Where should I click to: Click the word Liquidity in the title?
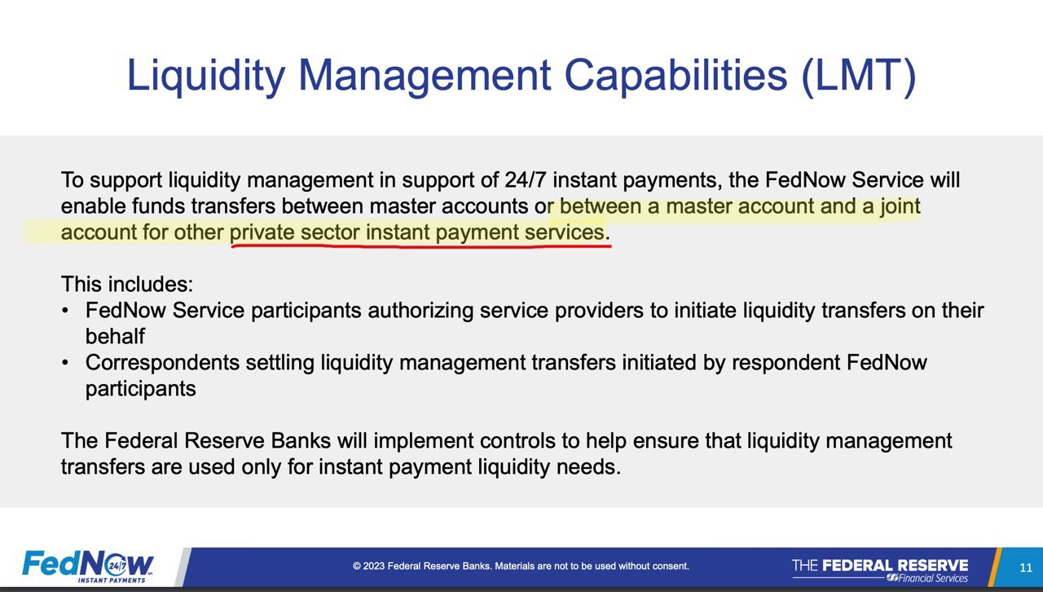click(206, 76)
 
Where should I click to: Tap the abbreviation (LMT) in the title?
click(859, 76)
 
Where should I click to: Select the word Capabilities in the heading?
click(676, 76)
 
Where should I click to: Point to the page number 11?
click(1026, 568)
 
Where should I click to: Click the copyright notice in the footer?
click(521, 566)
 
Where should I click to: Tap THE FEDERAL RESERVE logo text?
click(880, 565)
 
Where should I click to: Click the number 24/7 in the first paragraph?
click(526, 180)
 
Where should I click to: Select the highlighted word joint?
click(900, 207)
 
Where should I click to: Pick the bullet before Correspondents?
click(64, 362)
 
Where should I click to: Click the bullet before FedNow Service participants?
click(64, 310)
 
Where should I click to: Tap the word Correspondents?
click(162, 363)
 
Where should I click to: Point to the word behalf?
click(115, 336)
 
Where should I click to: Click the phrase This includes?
click(127, 284)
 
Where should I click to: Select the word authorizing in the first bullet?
click(420, 311)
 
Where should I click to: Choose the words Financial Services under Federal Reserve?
click(933, 578)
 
